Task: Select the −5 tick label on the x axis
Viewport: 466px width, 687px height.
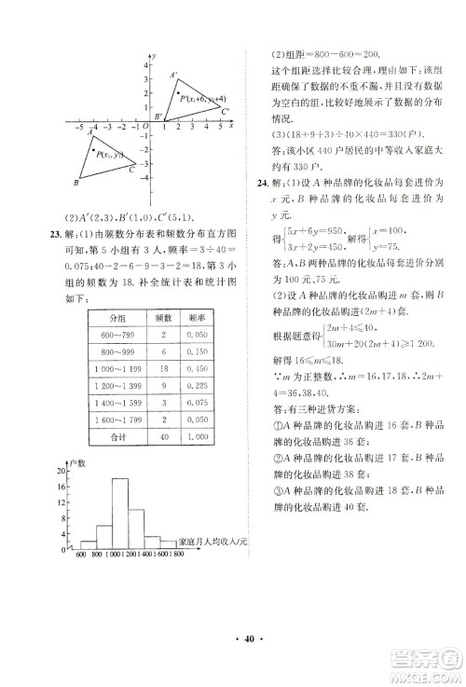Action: pyautogui.click(x=81, y=124)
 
